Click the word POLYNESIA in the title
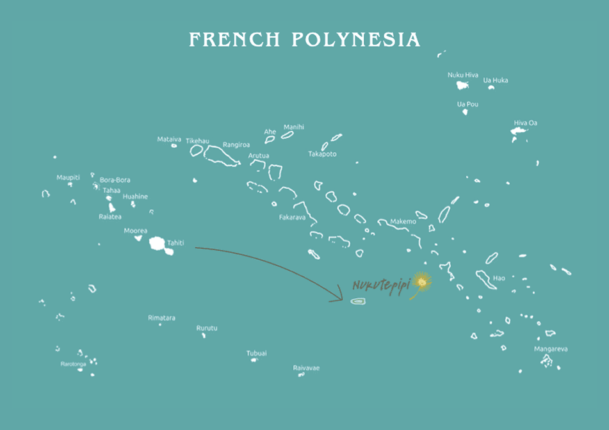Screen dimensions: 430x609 (356, 40)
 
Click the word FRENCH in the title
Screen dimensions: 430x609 (234, 40)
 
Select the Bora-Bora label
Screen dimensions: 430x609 (115, 180)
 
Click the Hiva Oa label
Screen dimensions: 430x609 (525, 123)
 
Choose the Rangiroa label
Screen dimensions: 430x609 (236, 145)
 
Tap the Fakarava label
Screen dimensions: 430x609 (292, 217)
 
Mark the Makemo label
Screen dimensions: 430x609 (403, 221)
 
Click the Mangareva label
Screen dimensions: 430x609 (551, 349)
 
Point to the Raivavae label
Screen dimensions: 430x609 (306, 368)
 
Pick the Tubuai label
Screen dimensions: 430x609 (257, 353)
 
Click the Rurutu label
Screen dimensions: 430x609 (207, 328)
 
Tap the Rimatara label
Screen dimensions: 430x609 (161, 317)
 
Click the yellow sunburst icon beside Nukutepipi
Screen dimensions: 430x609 (421, 281)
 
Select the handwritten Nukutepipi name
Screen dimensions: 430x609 (380, 284)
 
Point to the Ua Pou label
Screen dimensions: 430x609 (467, 104)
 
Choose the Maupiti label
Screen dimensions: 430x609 (68, 177)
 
